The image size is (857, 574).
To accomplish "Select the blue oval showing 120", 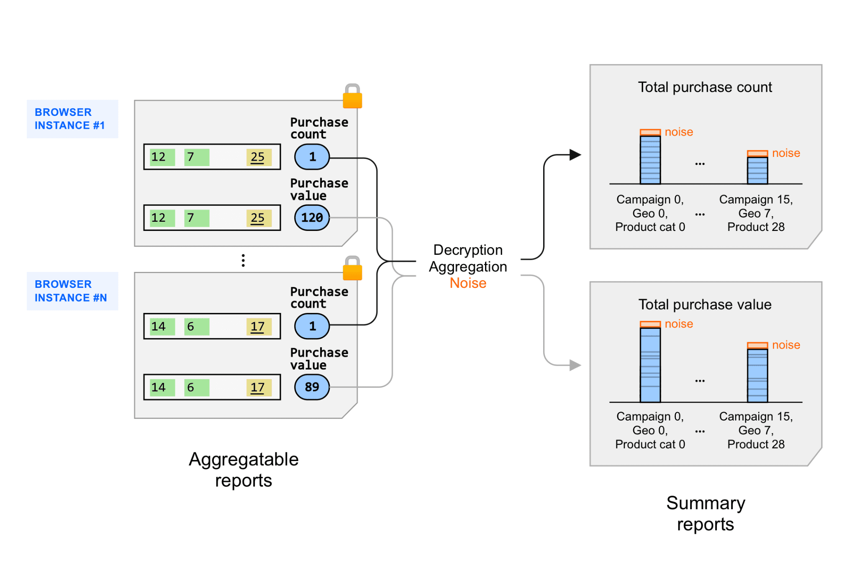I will [x=312, y=218].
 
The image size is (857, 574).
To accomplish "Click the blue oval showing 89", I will [x=312, y=387].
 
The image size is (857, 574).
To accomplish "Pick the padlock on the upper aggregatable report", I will [x=352, y=97].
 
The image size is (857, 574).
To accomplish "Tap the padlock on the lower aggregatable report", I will [x=352, y=269].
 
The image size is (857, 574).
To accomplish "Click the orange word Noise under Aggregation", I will [x=468, y=283].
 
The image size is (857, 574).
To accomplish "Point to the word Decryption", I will [x=468, y=250].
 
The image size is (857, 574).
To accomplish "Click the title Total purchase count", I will [x=705, y=87].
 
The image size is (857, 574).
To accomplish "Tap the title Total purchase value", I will [x=705, y=305].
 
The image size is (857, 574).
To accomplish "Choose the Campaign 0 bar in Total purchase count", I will [x=650, y=160].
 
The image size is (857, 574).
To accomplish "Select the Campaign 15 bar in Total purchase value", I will [x=757, y=375].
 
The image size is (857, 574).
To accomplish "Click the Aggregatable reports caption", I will [x=244, y=470].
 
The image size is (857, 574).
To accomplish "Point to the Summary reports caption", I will [x=706, y=513].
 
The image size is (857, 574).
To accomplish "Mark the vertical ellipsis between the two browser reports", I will [x=243, y=260].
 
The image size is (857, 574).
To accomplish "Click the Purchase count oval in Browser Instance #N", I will [x=312, y=326].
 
